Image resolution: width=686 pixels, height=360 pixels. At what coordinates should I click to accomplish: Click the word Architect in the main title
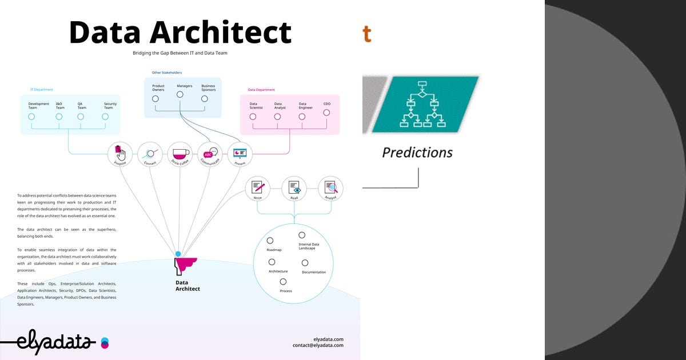click(221, 33)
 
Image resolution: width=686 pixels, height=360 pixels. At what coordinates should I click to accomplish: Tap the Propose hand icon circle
click(119, 153)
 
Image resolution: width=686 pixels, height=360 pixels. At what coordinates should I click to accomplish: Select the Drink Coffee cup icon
click(180, 153)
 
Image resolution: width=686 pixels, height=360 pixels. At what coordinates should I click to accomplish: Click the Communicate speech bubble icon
click(210, 153)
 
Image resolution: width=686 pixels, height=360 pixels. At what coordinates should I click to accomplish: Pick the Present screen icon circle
click(240, 153)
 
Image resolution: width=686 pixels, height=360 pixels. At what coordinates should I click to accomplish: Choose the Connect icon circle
click(150, 153)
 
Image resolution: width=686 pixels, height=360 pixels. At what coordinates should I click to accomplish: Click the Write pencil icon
click(257, 187)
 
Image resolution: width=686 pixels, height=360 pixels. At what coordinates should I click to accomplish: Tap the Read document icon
click(294, 187)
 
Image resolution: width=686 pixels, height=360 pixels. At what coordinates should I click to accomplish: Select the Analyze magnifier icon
click(330, 187)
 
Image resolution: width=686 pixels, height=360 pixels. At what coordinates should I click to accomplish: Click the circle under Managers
click(180, 95)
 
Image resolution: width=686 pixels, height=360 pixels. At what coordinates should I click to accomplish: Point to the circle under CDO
click(326, 113)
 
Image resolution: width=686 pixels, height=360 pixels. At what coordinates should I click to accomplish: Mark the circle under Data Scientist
click(253, 117)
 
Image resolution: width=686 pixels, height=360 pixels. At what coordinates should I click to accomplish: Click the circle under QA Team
click(81, 117)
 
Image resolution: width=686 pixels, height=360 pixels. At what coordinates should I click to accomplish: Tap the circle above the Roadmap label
click(270, 241)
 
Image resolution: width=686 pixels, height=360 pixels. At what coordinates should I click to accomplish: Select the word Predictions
click(417, 153)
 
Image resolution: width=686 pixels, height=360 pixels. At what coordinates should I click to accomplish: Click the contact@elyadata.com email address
click(318, 345)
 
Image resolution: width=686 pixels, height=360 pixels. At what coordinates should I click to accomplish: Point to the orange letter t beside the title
click(366, 34)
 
